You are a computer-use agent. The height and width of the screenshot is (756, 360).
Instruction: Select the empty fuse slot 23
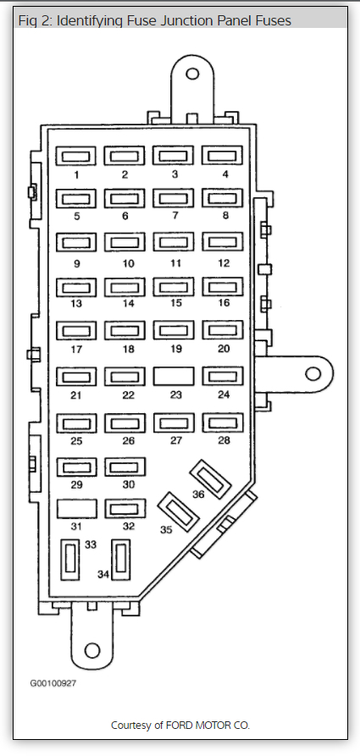pos(174,376)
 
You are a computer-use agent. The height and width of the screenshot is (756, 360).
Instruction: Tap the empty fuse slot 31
pos(77,509)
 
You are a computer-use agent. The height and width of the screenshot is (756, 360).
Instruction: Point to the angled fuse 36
pos(210,479)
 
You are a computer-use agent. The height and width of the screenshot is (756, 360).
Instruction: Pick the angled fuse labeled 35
pos(179,511)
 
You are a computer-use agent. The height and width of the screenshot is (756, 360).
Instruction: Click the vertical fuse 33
pos(70,560)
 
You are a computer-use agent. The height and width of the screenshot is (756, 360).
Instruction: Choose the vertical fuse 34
pos(120,560)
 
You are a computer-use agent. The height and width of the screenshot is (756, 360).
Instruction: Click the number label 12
pos(224,263)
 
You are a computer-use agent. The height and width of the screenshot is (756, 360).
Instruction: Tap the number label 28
pos(224,440)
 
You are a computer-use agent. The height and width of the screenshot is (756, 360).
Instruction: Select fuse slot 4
pos(222,156)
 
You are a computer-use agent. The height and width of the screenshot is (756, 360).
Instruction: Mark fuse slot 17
pos(76,331)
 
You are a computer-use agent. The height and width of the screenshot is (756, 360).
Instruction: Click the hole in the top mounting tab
pos(192,74)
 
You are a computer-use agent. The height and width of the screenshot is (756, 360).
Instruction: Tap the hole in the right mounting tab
pos(313,373)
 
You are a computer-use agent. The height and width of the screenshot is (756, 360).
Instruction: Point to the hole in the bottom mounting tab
pos(92,650)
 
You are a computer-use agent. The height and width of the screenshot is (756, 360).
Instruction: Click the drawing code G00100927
pos(53,683)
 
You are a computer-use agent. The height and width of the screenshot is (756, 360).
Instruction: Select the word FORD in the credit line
pos(180,726)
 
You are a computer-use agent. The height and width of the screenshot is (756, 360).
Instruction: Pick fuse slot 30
pos(125,467)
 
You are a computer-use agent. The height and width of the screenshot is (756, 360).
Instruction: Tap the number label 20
pos(224,349)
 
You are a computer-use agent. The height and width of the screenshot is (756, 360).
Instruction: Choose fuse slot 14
pos(125,288)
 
